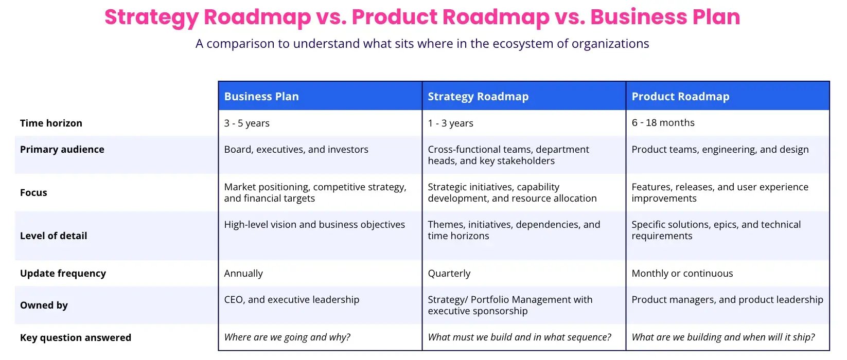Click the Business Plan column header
[261, 97]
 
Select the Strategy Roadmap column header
[478, 97]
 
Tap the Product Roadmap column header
[680, 97]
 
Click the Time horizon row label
[51, 123]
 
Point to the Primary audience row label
[62, 150]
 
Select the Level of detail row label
[54, 236]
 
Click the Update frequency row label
[63, 274]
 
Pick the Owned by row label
[44, 305]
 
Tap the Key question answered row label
[76, 338]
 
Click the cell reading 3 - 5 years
[246, 123]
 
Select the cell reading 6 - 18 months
[663, 123]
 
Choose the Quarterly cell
[449, 274]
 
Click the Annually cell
[243, 274]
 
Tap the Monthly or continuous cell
[682, 274]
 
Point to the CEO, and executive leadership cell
[291, 300]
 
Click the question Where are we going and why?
[287, 337]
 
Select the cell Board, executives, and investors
[296, 150]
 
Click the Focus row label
[33, 193]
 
